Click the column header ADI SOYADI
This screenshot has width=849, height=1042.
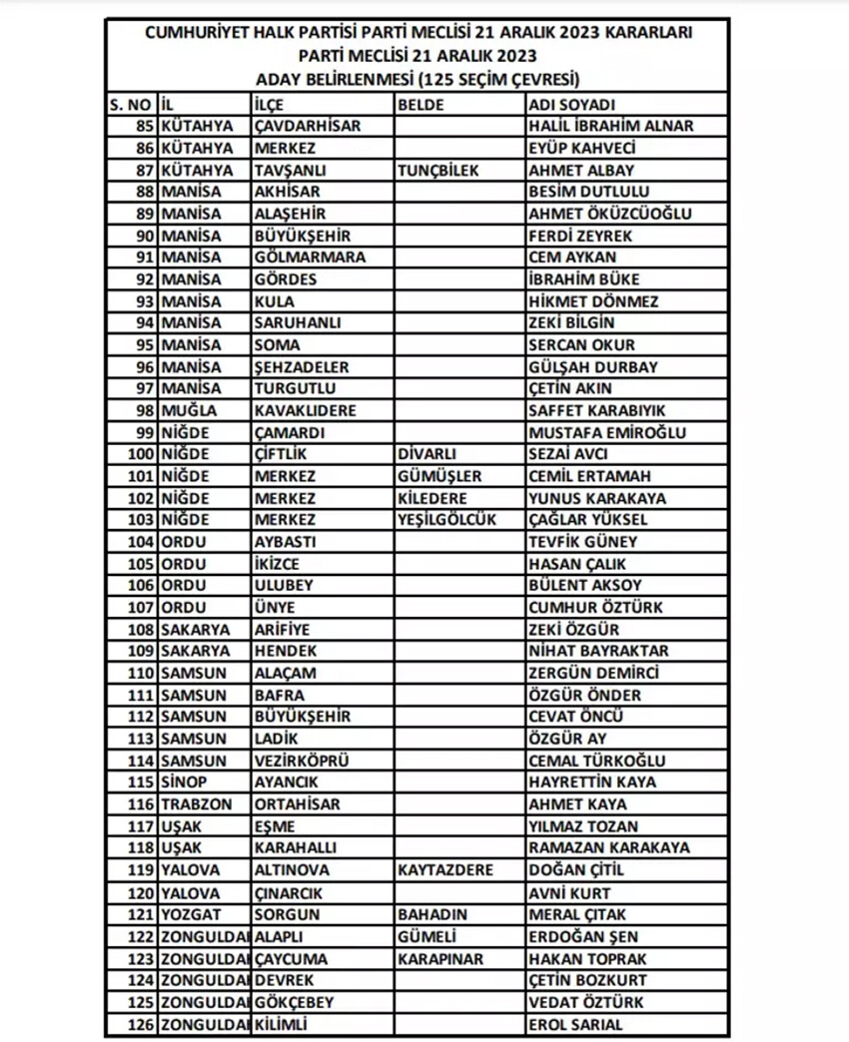[x=572, y=104]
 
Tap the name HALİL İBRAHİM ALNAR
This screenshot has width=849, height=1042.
[x=610, y=126]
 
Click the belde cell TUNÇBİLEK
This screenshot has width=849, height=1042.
[x=438, y=170]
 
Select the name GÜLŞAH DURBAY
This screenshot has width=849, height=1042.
[x=593, y=366]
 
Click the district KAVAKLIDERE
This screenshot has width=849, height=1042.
[x=305, y=410]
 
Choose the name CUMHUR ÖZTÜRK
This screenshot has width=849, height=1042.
[x=595, y=607]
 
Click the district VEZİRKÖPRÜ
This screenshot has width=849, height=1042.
[x=302, y=761]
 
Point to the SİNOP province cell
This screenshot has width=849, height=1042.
[x=185, y=782]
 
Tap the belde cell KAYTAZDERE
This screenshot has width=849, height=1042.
[x=445, y=869]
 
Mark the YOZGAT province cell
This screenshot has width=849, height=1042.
[x=190, y=914]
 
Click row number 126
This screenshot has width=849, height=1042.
[x=140, y=1024]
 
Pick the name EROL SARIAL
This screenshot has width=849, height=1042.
[x=575, y=1024]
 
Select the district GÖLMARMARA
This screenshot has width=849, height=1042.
[x=310, y=257]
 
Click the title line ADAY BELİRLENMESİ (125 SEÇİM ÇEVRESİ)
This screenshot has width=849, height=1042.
[x=418, y=79]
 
